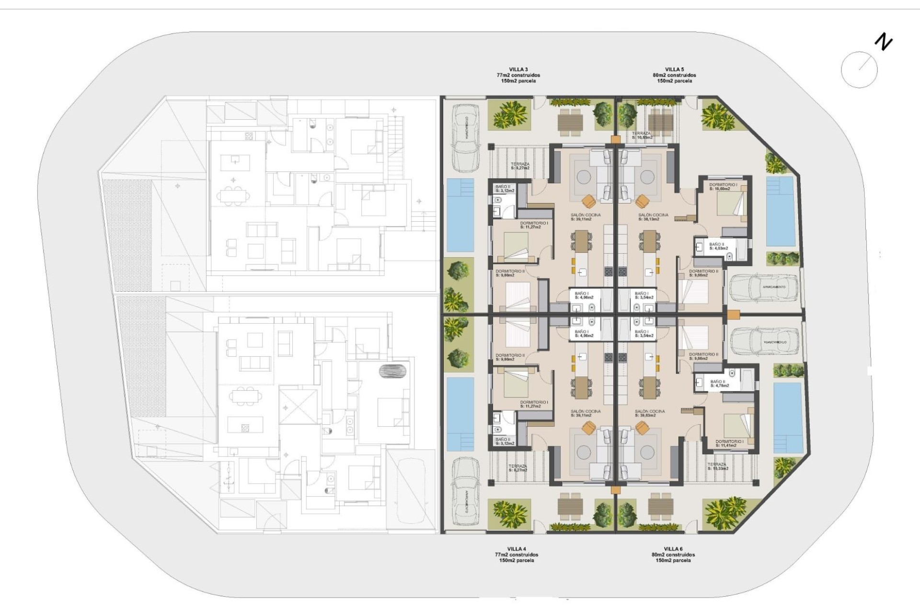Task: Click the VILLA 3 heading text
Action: click(x=518, y=69)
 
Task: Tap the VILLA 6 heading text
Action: click(x=673, y=549)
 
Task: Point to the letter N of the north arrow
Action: click(x=884, y=42)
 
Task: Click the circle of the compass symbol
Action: click(x=859, y=69)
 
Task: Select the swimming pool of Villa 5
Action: click(x=780, y=211)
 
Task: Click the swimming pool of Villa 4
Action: click(x=460, y=414)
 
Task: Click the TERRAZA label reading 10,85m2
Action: click(x=642, y=136)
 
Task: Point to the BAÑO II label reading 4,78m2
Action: click(x=720, y=383)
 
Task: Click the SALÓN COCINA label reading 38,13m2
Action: click(x=653, y=217)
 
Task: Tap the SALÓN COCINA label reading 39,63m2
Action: click(x=650, y=413)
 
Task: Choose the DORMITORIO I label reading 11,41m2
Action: click(x=729, y=443)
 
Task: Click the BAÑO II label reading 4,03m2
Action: click(x=718, y=246)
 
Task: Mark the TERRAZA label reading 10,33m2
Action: click(x=718, y=466)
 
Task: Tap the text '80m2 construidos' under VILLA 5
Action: click(x=674, y=75)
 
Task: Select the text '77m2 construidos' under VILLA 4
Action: click(x=517, y=555)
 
